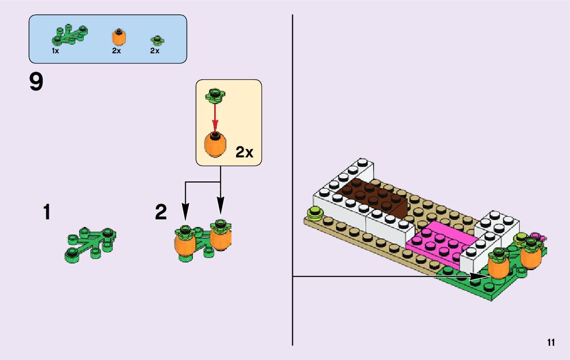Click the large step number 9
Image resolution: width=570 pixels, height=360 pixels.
37,83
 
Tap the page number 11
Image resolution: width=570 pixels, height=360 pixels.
551,342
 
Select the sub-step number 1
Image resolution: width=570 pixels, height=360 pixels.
47,212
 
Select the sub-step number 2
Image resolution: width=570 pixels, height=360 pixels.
161,212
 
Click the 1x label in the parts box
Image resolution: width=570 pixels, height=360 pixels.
55,51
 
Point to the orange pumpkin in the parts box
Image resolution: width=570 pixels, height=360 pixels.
118,38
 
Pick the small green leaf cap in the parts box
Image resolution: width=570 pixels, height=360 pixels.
157,40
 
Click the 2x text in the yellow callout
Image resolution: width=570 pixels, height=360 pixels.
244,152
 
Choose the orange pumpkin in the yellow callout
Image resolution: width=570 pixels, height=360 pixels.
216,144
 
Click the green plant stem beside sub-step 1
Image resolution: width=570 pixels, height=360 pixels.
90,244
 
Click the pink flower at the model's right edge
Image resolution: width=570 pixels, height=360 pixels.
535,237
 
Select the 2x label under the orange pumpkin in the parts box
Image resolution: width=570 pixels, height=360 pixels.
116,51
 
